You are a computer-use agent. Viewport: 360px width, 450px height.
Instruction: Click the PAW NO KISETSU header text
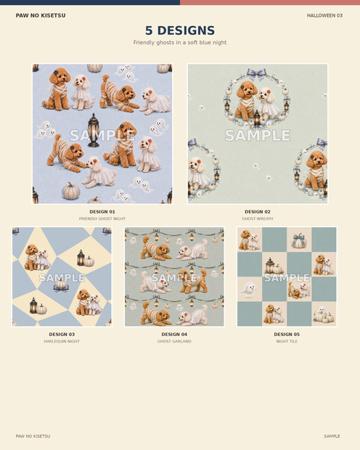41,15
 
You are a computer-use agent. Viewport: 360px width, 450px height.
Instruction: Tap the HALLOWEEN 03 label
324,15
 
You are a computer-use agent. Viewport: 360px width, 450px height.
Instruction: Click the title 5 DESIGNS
180,30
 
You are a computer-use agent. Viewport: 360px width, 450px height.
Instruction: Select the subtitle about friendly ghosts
180,43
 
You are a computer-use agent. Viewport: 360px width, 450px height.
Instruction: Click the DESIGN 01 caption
102,212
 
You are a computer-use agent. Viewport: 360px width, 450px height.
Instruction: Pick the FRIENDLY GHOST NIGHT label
102,218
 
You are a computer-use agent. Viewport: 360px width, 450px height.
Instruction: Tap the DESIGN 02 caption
258,212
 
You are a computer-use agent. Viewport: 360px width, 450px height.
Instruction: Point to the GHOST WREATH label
258,218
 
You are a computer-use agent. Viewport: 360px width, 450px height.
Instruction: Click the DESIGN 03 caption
62,335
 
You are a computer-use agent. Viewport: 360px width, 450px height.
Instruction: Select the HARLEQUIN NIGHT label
62,341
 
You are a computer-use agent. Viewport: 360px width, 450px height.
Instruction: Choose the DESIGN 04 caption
174,335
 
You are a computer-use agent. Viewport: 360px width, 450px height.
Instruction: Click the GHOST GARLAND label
174,341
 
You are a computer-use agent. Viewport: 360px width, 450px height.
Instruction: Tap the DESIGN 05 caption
287,335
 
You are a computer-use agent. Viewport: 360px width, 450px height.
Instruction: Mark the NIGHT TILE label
287,341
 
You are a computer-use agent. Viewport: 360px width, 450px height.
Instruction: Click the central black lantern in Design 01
94,131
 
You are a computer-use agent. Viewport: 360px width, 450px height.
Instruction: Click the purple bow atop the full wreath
256,74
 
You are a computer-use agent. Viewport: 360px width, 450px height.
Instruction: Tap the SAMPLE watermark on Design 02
258,135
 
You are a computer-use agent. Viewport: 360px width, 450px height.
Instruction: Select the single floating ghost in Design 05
249,289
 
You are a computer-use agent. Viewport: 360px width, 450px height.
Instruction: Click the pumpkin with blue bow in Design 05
299,240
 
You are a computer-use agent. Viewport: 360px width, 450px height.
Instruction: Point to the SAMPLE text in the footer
332,436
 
